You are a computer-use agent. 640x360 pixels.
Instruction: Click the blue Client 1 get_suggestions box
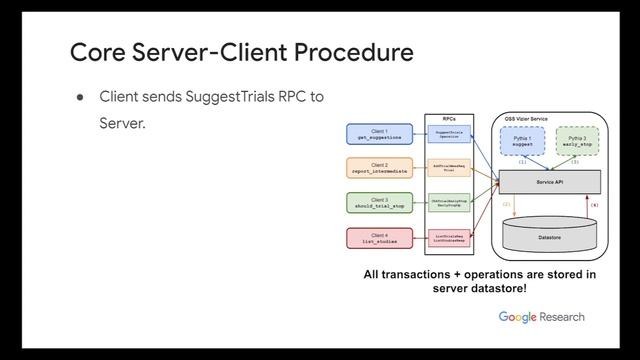[378, 134]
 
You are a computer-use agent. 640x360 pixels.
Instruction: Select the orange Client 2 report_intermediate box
[378, 167]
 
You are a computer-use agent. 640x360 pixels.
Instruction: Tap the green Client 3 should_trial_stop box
[378, 203]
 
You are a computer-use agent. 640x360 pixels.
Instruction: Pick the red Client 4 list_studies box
[378, 238]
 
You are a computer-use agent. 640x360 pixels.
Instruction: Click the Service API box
[549, 181]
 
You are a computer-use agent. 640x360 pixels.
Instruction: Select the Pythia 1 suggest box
[522, 141]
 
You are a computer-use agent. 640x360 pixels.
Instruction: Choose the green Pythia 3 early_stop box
[578, 141]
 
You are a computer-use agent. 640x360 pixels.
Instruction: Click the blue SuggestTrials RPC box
[448, 133]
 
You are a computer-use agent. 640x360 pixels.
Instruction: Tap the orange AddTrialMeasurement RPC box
[448, 167]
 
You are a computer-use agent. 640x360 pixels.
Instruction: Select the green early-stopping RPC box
[448, 202]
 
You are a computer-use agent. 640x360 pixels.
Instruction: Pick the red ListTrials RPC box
[448, 238]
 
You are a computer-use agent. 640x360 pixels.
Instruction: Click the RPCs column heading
[448, 116]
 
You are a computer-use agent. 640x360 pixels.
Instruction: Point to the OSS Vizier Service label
[530, 118]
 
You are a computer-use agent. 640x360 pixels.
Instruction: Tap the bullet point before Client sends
[77, 98]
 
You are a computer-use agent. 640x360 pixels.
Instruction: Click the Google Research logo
[541, 317]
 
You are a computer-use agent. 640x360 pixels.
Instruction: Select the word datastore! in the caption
[499, 288]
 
